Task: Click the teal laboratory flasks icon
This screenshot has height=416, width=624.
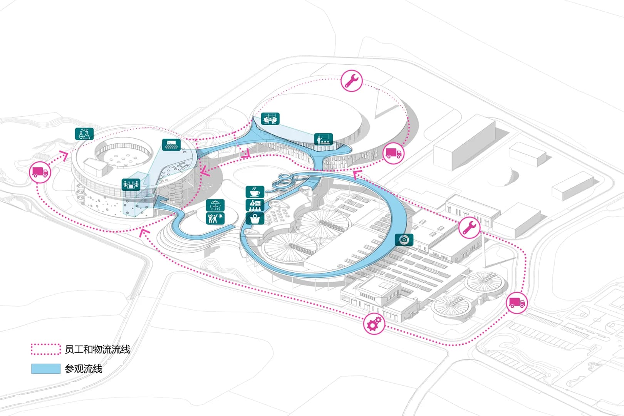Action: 84,134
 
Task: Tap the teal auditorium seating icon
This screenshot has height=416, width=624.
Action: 171,145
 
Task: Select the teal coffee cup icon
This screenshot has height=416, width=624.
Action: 255,192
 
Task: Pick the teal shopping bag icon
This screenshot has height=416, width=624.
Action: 255,218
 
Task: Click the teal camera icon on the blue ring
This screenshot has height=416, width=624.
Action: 404,240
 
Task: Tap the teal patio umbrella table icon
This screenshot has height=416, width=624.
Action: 215,205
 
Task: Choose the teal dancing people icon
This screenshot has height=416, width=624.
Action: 215,218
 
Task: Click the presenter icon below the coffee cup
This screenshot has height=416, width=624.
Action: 255,205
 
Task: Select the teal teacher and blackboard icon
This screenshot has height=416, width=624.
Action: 323,139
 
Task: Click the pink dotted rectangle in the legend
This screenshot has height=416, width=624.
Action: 46,349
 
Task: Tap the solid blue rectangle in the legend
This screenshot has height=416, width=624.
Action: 46,369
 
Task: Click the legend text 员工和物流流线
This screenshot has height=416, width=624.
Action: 97,349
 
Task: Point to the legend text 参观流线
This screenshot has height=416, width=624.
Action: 84,369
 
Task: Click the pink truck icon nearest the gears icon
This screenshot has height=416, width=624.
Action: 516,303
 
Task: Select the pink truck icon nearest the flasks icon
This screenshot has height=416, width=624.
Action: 40,172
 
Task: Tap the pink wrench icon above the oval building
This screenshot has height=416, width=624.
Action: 351,81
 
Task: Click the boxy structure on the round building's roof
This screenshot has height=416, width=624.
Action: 96,167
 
